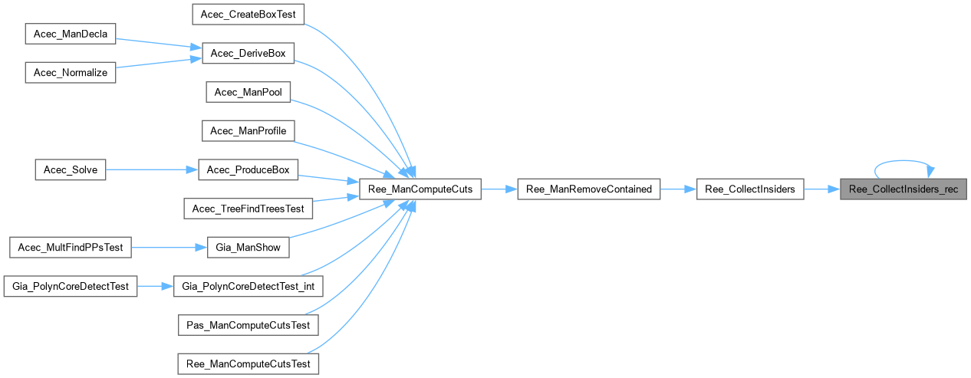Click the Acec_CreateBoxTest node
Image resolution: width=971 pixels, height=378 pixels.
click(248, 14)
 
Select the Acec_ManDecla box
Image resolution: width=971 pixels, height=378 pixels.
click(71, 34)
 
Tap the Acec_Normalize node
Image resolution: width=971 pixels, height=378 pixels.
click(71, 72)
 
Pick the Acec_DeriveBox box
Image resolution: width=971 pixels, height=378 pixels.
click(248, 53)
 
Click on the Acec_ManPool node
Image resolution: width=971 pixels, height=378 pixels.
click(248, 92)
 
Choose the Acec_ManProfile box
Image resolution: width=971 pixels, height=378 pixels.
click(248, 131)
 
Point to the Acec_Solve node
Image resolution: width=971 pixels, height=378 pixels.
click(71, 169)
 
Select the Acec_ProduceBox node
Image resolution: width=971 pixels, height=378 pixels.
click(248, 169)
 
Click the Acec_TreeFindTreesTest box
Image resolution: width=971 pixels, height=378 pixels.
click(248, 208)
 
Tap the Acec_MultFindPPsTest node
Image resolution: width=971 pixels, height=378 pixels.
click(71, 247)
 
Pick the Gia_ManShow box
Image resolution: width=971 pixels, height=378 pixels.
click(248, 247)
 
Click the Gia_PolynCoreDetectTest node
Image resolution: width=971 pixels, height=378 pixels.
click(71, 286)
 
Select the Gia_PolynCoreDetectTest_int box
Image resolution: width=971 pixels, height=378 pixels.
click(248, 286)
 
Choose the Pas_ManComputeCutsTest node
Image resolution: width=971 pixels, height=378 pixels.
click(248, 324)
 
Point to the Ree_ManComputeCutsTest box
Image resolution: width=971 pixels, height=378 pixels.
click(248, 363)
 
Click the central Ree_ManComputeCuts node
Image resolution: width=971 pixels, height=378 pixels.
click(420, 189)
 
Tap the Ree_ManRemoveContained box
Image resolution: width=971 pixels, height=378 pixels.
click(588, 189)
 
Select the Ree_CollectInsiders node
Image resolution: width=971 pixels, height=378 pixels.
click(750, 189)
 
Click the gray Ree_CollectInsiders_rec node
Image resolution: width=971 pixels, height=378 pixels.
click(903, 189)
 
